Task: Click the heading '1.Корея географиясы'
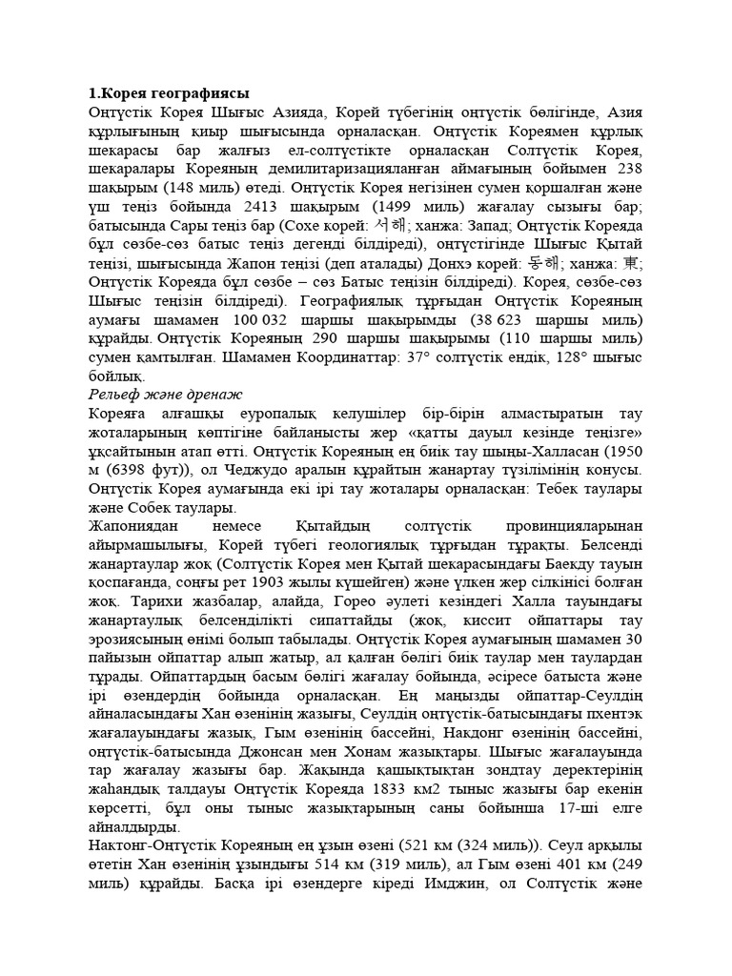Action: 168,93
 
